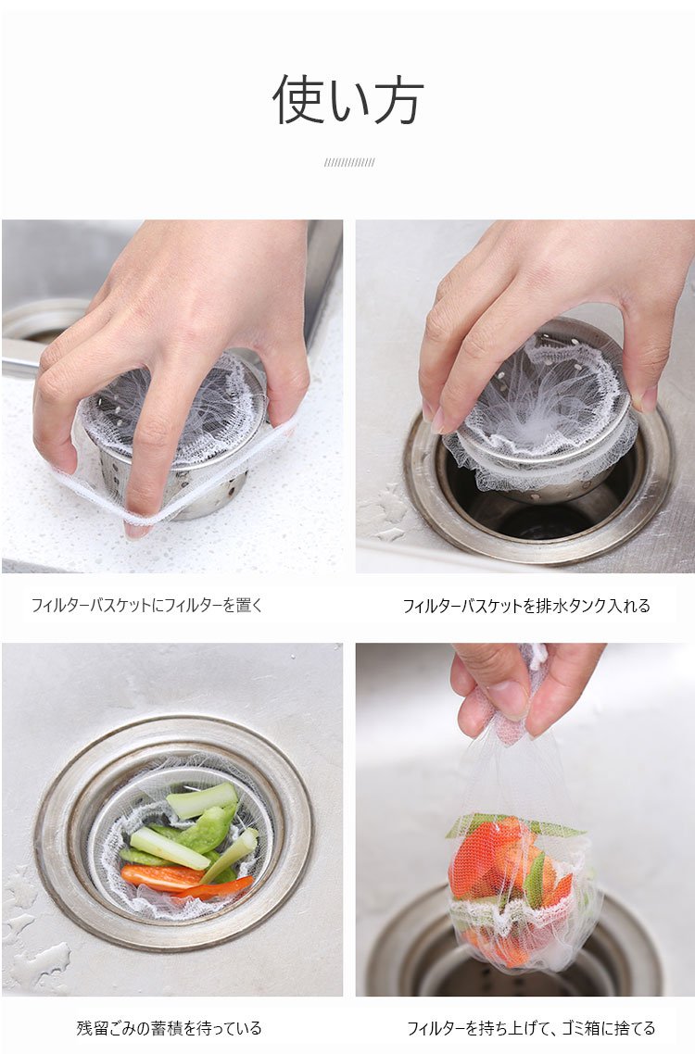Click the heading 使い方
(x=347, y=99)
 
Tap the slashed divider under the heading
(x=349, y=162)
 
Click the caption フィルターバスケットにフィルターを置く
(x=147, y=605)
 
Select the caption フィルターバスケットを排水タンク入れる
(x=526, y=606)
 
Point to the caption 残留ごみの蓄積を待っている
(x=169, y=1028)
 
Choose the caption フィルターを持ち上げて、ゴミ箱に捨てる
(x=531, y=1028)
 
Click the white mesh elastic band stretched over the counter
(x=175, y=484)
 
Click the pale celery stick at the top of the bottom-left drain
(x=202, y=800)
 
